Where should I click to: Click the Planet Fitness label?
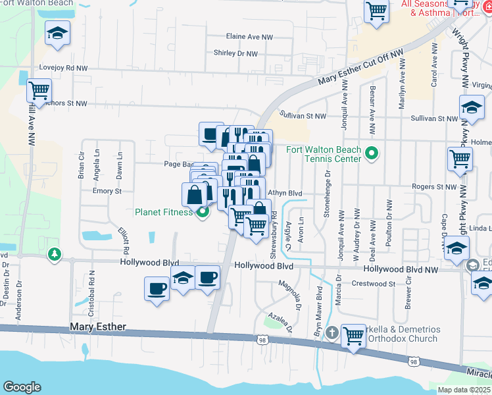click(x=164, y=212)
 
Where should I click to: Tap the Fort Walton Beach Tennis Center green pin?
click(x=372, y=154)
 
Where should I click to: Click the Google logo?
click(x=22, y=387)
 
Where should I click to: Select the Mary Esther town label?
click(x=98, y=327)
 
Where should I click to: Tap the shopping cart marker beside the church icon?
click(x=354, y=336)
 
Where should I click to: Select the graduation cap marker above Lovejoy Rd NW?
click(x=58, y=32)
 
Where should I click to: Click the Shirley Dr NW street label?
click(x=235, y=53)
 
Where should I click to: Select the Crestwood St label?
click(x=373, y=284)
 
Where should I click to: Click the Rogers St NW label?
click(x=434, y=187)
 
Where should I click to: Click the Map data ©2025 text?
click(x=464, y=390)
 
